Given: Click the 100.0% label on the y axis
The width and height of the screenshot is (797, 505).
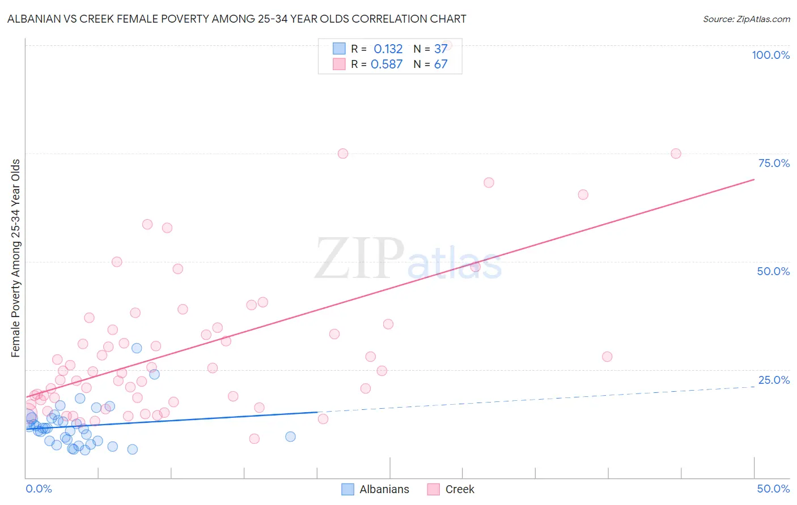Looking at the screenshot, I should [770, 55].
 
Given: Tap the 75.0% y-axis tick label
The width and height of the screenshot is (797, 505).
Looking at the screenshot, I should [774, 163].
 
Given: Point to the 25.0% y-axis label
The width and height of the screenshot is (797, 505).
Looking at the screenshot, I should [774, 380].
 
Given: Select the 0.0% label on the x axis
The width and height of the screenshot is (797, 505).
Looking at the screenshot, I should [39, 489].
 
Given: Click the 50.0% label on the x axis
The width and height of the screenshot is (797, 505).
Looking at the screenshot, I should [773, 489].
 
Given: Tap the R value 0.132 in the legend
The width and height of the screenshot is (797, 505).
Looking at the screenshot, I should [388, 49].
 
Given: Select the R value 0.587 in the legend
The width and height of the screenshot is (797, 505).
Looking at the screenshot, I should [387, 64].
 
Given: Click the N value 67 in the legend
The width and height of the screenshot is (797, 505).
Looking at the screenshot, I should [441, 64].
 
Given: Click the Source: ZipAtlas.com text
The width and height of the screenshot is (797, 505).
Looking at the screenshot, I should [746, 19].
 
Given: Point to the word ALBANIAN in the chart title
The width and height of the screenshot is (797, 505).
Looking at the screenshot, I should [36, 19].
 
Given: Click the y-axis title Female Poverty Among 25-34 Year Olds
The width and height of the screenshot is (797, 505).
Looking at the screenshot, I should [16, 258].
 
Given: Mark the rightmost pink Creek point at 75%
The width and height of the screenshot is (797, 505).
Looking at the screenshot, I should [676, 153].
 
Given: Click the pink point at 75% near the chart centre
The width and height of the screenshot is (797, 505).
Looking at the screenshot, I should [343, 153].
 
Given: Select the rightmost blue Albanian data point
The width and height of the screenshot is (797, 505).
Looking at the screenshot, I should [290, 436].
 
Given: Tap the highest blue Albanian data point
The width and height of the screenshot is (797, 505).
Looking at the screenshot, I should [137, 348].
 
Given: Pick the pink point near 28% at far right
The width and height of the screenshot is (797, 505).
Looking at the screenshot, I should [607, 357].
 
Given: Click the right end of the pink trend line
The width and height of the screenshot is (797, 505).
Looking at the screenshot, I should [754, 179].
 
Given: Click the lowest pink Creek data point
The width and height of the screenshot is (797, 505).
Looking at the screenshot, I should [255, 439].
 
